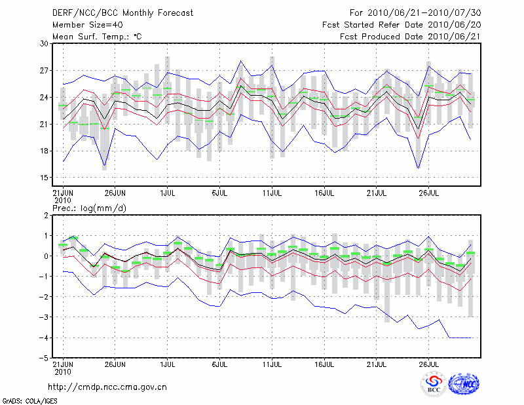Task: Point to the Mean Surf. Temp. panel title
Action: click(x=97, y=37)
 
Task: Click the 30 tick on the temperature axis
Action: click(x=45, y=43)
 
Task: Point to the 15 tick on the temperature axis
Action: click(x=45, y=178)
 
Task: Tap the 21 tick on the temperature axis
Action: click(x=45, y=124)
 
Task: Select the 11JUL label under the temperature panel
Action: click(x=272, y=193)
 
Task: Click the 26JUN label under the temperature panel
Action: click(x=115, y=193)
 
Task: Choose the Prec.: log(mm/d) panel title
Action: click(x=88, y=208)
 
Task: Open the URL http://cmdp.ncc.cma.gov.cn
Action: click(x=108, y=387)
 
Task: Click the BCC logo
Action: click(x=434, y=385)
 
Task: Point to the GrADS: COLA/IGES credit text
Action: click(x=24, y=400)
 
